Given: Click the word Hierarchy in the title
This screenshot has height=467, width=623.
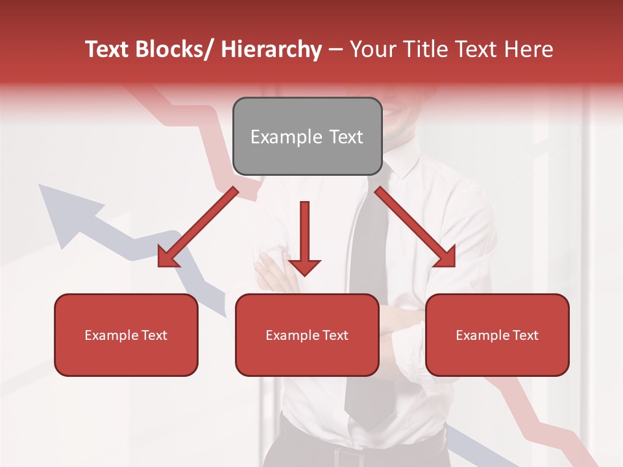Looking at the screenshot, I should pyautogui.click(x=271, y=49).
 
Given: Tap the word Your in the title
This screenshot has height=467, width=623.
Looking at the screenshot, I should pyautogui.click(x=371, y=49).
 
